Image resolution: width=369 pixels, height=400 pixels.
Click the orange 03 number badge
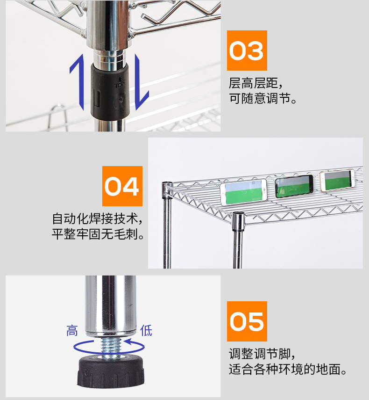pos(247,51)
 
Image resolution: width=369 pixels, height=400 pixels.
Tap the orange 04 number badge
pos(122,186)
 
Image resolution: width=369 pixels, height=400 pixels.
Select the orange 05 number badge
pos(247,321)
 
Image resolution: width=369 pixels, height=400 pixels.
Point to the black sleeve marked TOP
pos(110,91)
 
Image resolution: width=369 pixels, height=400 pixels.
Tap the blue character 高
pos(72,331)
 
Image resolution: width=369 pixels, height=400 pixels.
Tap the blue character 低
pos(146,330)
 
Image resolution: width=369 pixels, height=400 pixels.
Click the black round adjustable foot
pos(111,371)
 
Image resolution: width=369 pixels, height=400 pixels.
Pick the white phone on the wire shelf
pos(244,192)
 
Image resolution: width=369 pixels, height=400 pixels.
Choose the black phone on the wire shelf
pos(294,186)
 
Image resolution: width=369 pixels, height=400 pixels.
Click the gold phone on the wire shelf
pos(337,180)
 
